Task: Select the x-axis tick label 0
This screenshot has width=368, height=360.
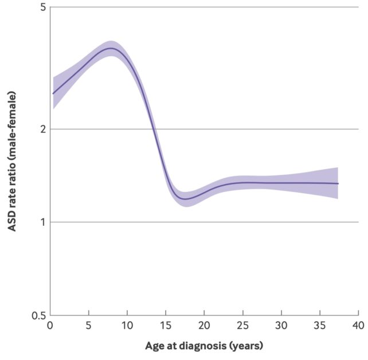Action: [50, 326]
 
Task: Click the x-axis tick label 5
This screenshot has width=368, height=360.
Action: [88, 326]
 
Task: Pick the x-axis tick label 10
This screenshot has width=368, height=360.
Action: [127, 326]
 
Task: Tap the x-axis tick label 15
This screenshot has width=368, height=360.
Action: [165, 326]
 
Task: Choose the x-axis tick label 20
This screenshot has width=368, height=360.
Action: [204, 326]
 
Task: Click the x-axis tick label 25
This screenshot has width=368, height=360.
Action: [242, 326]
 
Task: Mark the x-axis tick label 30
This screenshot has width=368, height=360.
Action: [281, 326]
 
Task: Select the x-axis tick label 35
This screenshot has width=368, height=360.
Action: [319, 326]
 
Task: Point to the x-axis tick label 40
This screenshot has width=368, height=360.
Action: [358, 326]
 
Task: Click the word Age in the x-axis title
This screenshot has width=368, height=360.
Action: [154, 346]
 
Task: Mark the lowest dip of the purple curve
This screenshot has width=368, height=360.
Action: [185, 199]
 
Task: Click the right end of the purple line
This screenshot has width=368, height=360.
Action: [338, 183]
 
